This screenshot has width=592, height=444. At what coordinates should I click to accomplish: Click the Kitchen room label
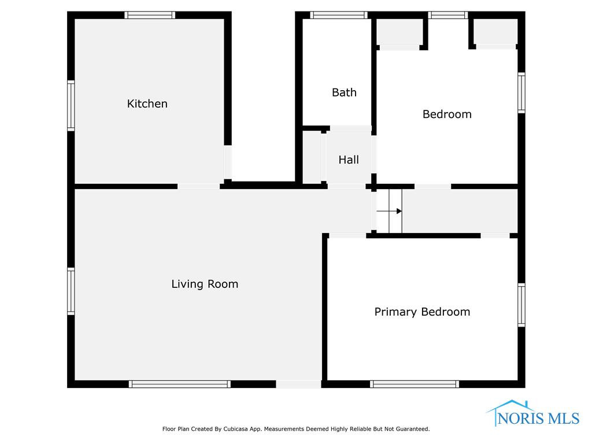[x=147, y=103]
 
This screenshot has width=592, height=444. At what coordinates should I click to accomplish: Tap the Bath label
[x=344, y=92]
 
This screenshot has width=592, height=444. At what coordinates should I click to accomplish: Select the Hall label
[x=349, y=160]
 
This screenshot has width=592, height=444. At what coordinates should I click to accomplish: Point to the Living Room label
[x=205, y=284]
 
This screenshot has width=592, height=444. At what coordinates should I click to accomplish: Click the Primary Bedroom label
[x=422, y=312]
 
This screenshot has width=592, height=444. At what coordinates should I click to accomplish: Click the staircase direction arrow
[x=389, y=211]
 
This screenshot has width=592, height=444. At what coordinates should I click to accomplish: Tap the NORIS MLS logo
[x=532, y=413]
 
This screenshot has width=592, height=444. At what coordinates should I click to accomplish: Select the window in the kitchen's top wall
[x=150, y=15]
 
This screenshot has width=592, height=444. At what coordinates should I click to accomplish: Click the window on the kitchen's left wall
[x=71, y=106]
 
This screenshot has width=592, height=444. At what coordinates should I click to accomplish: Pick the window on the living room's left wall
[x=71, y=291]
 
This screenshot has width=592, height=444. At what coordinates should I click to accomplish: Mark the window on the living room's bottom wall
[x=180, y=384]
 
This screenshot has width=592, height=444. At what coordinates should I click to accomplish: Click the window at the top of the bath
[x=339, y=15]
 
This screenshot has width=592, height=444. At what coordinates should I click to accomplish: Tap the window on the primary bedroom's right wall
[x=521, y=305]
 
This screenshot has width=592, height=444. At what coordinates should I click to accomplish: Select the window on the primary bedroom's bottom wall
[x=415, y=384]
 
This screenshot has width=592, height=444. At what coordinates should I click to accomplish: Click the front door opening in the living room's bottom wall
[x=299, y=384]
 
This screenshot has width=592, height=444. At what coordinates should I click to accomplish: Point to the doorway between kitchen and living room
[x=199, y=186]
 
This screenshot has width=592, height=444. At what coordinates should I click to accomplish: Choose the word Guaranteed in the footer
[x=414, y=429]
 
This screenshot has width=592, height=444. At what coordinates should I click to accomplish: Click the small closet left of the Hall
[x=312, y=157]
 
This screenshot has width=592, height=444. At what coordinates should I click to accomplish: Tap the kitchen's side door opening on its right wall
[x=228, y=162]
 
